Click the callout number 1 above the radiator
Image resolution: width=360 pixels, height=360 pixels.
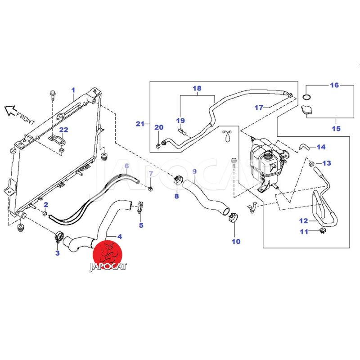coord(73,90)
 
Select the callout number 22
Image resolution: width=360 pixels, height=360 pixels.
coord(64,130)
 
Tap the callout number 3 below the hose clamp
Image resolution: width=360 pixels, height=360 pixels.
coord(58,253)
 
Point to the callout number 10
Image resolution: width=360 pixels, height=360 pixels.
coord(236,241)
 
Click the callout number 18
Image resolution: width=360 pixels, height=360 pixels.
coord(197,88)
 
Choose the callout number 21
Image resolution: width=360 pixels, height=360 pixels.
coord(140,123)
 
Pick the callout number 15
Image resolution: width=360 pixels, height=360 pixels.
coord(336,129)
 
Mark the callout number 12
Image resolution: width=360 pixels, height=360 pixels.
coord(303,221)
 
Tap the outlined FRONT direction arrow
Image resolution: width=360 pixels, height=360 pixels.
coord(10,109)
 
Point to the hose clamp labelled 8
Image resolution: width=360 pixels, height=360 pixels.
coord(177,181)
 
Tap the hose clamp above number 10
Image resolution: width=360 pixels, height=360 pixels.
coord(233,218)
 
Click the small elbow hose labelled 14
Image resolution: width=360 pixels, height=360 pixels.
coord(303,146)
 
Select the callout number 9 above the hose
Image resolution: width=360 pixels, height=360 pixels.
coord(194,171)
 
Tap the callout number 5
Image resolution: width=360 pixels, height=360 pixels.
coord(141,225)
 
